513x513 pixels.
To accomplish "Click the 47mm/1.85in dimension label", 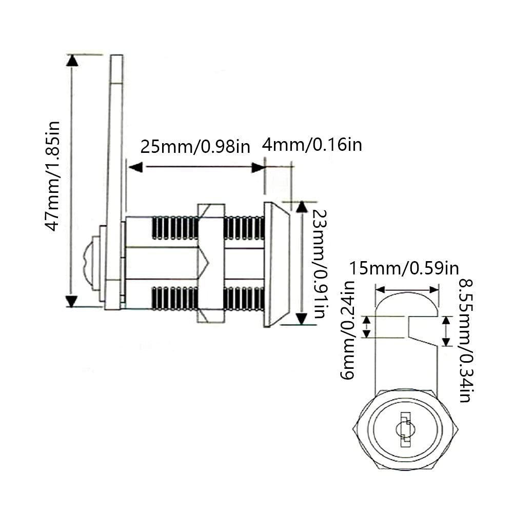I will tap(53, 175).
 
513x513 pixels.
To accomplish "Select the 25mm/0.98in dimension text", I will tap(195, 147).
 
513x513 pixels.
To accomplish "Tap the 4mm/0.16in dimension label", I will tap(312, 145).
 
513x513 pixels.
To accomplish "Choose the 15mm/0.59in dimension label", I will tap(404, 268).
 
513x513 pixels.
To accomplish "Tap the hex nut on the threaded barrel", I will tap(211, 263).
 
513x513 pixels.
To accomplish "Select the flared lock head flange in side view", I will tap(277, 264).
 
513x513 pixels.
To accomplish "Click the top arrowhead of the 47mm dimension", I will tap(72, 60).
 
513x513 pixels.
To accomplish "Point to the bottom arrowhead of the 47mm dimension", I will tap(72, 301).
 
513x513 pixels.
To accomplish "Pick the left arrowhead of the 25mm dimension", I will tap(135, 167).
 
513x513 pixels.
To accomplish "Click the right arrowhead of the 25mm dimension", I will tap(258, 167).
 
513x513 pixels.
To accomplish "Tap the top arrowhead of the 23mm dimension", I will tap(302, 206).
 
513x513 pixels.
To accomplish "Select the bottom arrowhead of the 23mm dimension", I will tap(302, 320).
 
